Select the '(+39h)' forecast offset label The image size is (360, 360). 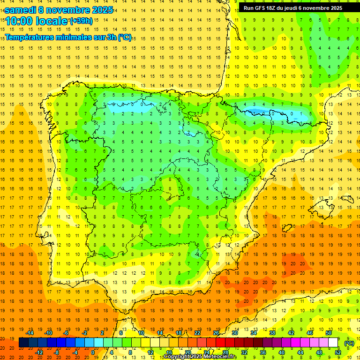81,21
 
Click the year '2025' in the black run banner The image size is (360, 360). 333,8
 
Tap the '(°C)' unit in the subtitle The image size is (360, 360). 125,37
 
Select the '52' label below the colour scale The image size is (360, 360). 338,352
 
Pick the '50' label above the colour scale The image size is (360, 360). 328,333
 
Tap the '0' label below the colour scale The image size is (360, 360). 93,352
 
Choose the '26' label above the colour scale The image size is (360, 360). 216,333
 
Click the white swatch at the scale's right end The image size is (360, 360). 333,343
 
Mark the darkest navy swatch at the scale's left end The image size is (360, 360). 23,343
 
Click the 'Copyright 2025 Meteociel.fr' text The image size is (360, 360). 200,357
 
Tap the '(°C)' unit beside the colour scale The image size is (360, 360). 349,343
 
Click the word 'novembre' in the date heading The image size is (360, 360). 69,9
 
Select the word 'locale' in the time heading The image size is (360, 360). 52,21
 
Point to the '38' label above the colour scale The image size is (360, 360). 272,333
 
